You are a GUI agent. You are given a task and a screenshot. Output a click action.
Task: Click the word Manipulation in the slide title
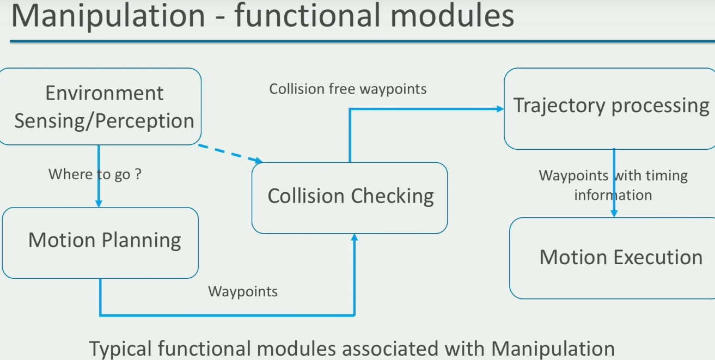point(108,16)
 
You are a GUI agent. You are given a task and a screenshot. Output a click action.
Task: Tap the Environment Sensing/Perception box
point(100,106)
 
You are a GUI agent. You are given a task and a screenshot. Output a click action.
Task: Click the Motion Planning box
point(100,243)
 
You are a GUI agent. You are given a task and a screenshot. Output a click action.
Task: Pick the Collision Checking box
point(350,198)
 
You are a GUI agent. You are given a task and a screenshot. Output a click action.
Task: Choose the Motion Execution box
point(612,258)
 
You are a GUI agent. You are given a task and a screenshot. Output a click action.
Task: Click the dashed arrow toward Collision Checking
point(230,154)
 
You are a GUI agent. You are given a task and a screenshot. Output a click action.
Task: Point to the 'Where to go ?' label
point(95,174)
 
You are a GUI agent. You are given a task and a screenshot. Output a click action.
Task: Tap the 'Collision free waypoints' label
point(347,89)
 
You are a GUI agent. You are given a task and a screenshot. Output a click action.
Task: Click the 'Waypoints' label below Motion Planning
point(242,291)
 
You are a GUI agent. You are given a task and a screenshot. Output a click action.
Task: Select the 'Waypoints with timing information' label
point(613,185)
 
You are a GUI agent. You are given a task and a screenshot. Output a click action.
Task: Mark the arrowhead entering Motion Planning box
point(99,203)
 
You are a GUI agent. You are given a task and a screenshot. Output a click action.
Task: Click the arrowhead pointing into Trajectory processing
point(500,109)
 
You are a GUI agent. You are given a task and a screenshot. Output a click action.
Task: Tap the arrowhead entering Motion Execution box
point(614,213)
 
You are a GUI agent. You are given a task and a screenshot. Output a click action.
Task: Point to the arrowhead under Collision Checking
point(355,237)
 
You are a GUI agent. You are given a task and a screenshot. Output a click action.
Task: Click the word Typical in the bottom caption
point(120,349)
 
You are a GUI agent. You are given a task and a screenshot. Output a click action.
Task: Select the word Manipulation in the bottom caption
point(553,349)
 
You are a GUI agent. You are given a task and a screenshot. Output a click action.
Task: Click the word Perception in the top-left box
point(145,121)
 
